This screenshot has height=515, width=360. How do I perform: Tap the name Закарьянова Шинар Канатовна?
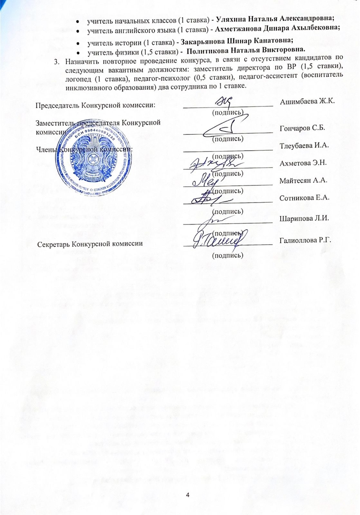click(236, 42)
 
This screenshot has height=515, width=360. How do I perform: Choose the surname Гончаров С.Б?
click(302, 129)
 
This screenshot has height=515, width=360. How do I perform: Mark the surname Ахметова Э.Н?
click(303, 164)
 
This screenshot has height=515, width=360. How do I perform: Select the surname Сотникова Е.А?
click(304, 198)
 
